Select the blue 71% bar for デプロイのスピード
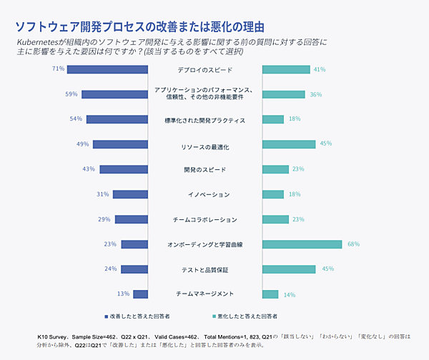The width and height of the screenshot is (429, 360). [x=107, y=69]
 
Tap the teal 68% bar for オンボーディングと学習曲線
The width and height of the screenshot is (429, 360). [x=302, y=244]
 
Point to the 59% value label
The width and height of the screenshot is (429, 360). [x=71, y=94]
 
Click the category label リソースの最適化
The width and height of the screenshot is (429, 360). [x=204, y=145]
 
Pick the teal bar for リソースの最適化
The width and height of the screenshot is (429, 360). [x=288, y=144]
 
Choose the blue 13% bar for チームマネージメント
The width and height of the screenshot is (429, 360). [x=140, y=294]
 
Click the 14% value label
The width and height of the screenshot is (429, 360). [x=290, y=294]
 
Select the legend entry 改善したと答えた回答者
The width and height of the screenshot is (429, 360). [x=139, y=315]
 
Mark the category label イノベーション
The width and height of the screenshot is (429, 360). [x=204, y=194]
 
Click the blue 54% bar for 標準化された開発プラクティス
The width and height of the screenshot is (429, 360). [x=117, y=119]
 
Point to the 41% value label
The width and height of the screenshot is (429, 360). [x=320, y=69]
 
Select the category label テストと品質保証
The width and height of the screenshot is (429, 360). [x=204, y=269]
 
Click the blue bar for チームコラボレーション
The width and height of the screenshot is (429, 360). [x=131, y=219]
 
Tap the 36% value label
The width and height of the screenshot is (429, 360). [x=315, y=94]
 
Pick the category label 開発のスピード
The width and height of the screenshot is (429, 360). [x=204, y=169]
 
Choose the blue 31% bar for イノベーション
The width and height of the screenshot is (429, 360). [x=129, y=194]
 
